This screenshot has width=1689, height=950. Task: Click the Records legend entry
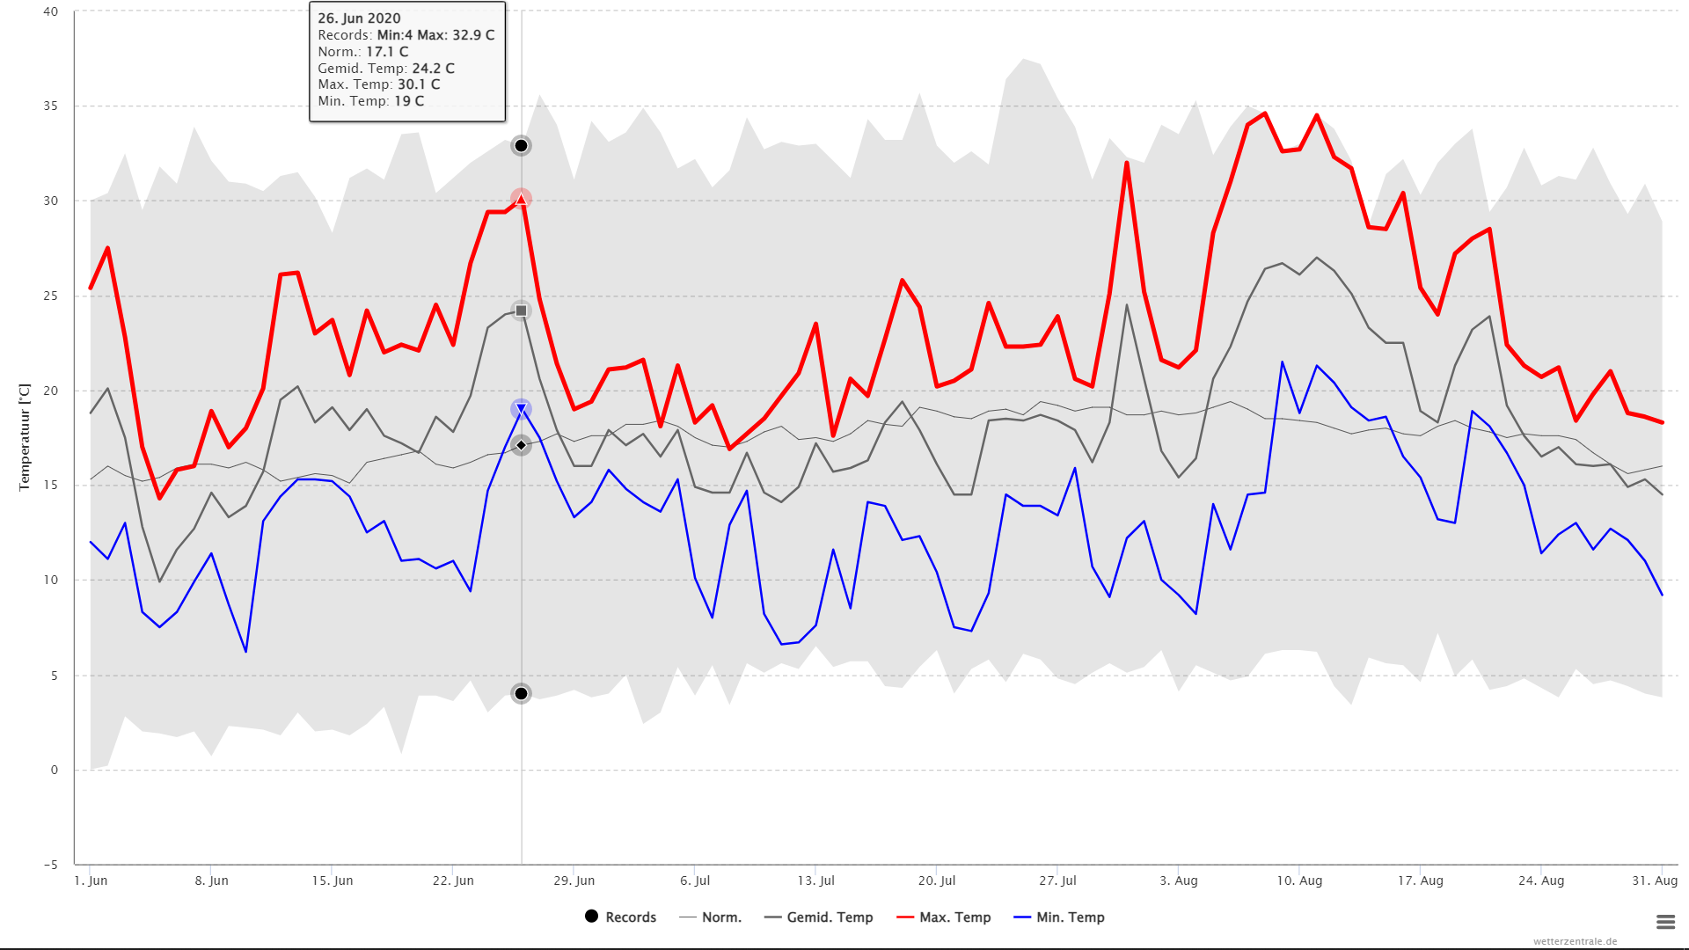coord(621,917)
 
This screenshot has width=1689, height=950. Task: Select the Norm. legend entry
coord(712,917)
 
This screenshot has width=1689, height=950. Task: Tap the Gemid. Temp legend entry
coord(819,917)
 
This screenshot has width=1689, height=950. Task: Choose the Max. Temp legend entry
coord(944,917)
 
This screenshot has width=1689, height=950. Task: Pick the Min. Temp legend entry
coord(1060,917)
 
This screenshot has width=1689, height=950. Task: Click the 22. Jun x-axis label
coord(453,881)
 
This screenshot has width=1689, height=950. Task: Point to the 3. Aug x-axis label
coord(1179,881)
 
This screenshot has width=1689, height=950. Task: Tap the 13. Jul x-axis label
coord(816,881)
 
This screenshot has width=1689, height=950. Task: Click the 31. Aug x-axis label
coord(1655,881)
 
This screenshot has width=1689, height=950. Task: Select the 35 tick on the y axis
coord(51,106)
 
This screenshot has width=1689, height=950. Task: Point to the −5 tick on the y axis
coord(50,865)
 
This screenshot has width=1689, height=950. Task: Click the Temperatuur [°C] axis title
coord(25,437)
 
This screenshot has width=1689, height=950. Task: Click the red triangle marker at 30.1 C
coord(521,199)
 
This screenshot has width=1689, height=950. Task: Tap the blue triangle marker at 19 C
coord(521,409)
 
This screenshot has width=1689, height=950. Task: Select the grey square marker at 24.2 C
coord(521,311)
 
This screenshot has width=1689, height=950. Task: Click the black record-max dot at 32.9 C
coord(521,146)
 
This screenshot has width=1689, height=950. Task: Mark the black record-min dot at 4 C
coord(521,694)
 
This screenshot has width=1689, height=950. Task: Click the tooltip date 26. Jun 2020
coord(359,18)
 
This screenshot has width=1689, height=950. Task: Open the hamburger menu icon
coord(1665,922)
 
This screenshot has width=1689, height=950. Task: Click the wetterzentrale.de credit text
coord(1575,941)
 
